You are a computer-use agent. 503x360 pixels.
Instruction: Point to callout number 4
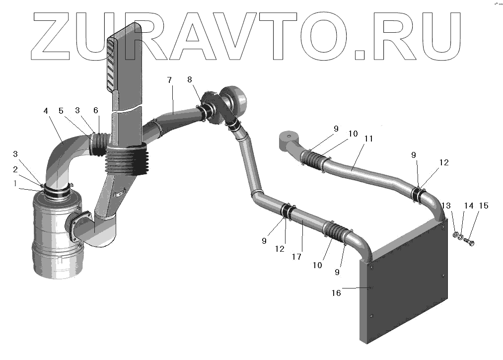(x=46, y=111)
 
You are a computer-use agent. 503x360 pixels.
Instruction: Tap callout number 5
(x=61, y=111)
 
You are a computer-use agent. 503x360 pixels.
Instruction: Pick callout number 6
(x=96, y=111)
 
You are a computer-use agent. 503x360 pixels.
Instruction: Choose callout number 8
(x=190, y=79)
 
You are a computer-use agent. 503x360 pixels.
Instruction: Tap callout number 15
(x=483, y=206)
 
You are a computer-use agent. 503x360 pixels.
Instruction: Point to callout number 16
(x=336, y=293)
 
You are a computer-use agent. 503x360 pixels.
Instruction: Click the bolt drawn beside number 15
(x=470, y=242)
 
